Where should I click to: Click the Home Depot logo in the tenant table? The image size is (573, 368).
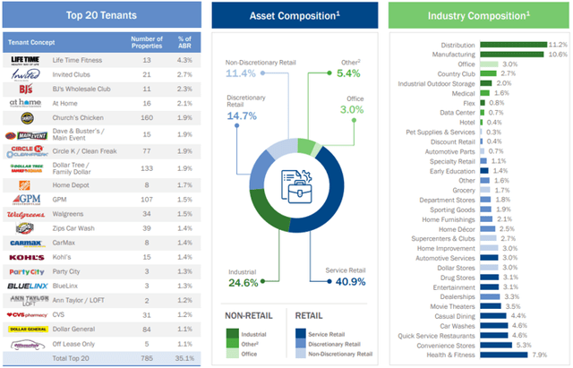(x=24, y=184)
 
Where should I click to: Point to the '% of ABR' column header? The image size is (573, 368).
(x=184, y=41)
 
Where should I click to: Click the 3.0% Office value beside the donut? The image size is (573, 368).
(x=350, y=108)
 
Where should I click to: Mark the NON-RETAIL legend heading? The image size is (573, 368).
(x=248, y=314)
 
